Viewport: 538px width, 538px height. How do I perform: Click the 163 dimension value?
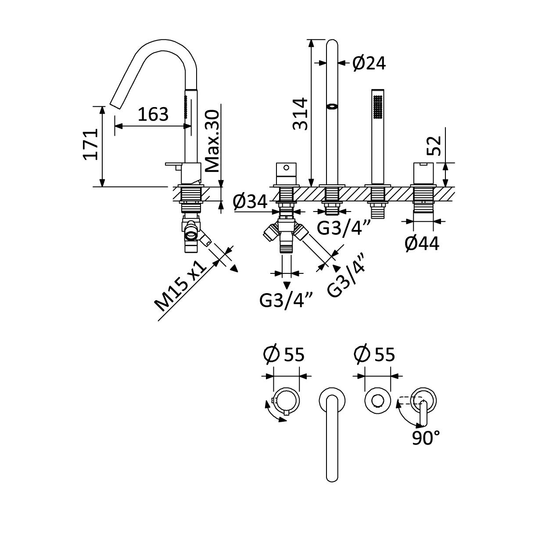[x=153, y=114]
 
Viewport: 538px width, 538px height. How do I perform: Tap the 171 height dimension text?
[x=91, y=144]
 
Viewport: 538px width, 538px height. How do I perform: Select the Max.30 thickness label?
[x=212, y=141]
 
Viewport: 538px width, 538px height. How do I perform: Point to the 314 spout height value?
[x=301, y=114]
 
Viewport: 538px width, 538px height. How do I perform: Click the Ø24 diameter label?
[x=369, y=63]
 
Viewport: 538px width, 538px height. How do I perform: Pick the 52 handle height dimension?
[x=434, y=145]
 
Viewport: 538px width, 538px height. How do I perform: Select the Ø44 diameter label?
[x=422, y=244]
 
